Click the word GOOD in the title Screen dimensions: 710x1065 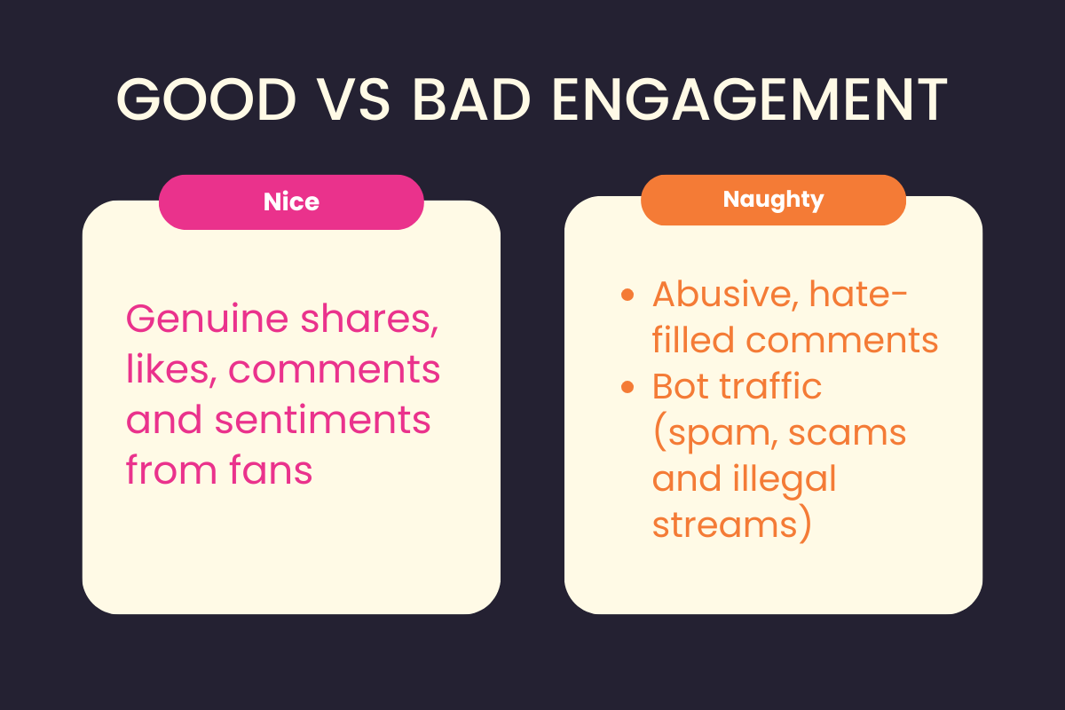[206, 101]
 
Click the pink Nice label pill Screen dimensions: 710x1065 [291, 202]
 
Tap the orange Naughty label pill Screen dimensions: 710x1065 [773, 200]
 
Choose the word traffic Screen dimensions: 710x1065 [772, 386]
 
